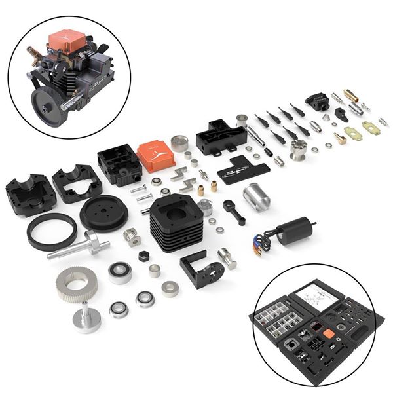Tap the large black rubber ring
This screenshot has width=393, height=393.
[52, 231]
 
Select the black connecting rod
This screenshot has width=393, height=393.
[233, 212]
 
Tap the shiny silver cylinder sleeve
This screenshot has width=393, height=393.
[256, 196]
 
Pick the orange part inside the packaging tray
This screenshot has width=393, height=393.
[328, 333]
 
